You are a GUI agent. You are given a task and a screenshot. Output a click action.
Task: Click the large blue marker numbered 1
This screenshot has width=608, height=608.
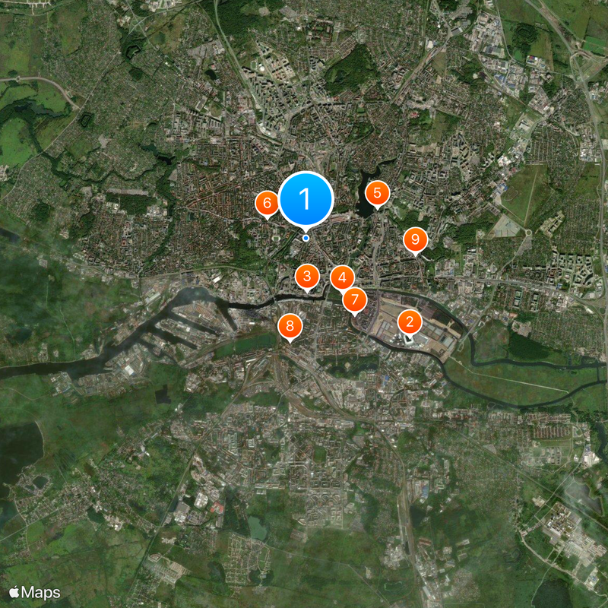pos(306,199)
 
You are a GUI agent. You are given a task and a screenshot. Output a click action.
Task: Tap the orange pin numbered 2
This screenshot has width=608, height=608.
pos(410,322)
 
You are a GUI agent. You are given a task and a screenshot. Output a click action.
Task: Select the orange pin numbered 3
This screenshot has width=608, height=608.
pos(307,276)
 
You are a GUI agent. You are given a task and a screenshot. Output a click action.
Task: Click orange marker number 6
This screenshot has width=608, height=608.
pos(267,203)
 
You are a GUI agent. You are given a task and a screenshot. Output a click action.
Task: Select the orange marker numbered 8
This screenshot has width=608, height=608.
pos(290,327)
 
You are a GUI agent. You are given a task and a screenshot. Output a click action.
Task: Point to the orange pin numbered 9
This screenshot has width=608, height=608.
pos(415,240)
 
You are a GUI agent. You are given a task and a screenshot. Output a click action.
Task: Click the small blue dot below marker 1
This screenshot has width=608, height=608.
pos(306,238)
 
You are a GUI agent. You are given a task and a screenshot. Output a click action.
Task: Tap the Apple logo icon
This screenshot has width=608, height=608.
pos(14,591)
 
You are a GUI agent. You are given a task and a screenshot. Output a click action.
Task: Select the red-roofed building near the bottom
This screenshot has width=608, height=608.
pos(219,506)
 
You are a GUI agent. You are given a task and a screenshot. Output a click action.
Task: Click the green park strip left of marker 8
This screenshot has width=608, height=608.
pos(243,346)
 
